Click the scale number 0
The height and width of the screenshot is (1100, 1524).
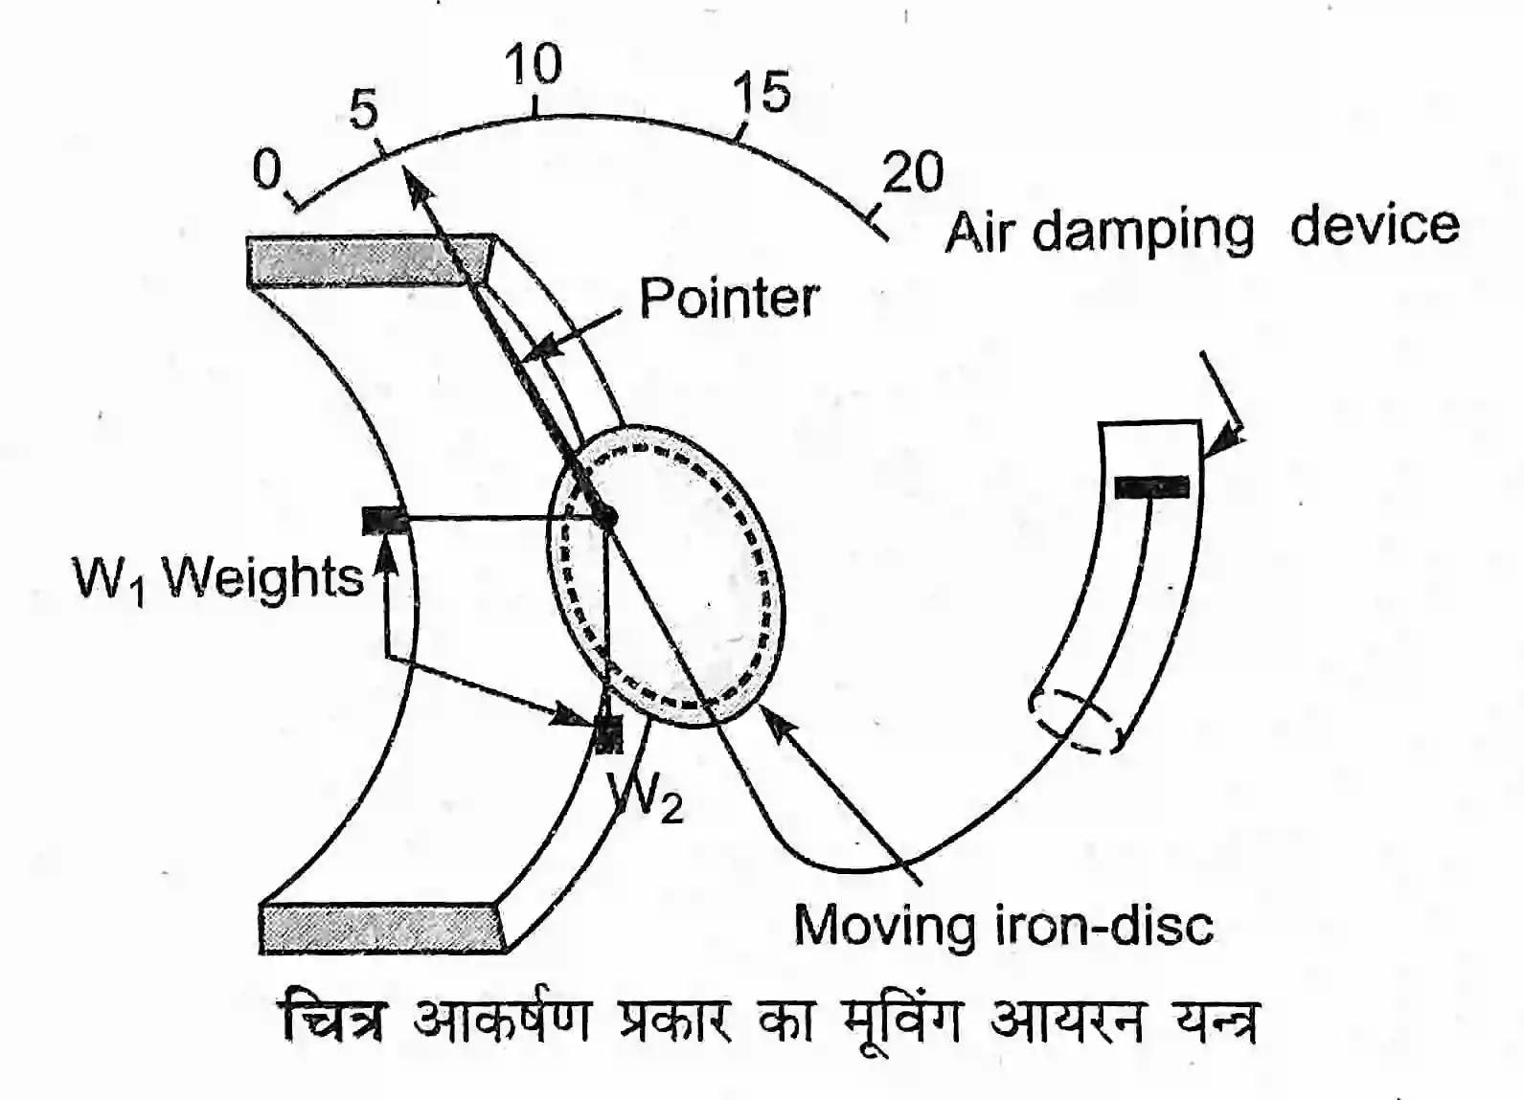[x=267, y=170]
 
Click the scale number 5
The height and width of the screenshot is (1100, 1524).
[x=364, y=110]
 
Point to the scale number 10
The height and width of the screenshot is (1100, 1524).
[x=533, y=65]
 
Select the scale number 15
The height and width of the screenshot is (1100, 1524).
[x=762, y=93]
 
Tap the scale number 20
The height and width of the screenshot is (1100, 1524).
[x=912, y=172]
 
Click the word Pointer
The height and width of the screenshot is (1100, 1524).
[x=728, y=299]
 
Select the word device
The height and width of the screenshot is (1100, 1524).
[x=1375, y=226]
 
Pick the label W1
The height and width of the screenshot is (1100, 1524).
[x=107, y=579]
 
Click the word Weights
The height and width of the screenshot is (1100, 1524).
[x=262, y=577]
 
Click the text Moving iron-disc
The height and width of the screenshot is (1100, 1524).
[x=1003, y=926]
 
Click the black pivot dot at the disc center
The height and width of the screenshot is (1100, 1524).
[x=605, y=518]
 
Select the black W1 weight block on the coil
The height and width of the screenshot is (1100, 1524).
[x=385, y=521]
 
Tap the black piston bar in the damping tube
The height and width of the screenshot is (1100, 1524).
[x=1151, y=487]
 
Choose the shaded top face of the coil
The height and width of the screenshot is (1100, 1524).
[x=369, y=259]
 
